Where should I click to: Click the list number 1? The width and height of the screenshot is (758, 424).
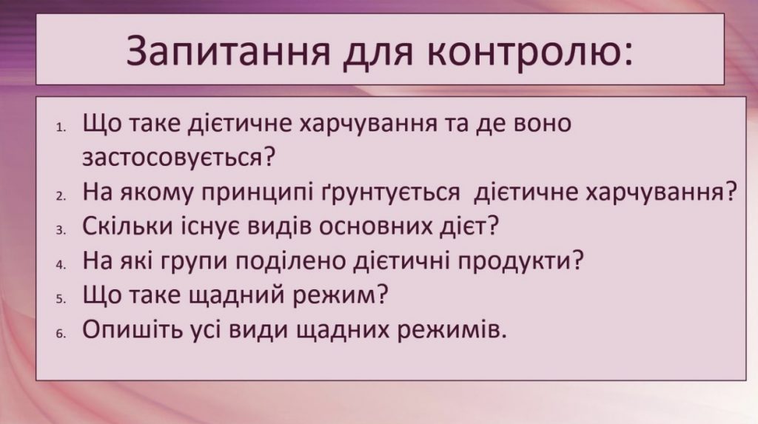pyautogui.click(x=61, y=126)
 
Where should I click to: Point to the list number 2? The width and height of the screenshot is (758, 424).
pyautogui.click(x=61, y=195)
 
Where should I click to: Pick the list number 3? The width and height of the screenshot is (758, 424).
pyautogui.click(x=61, y=230)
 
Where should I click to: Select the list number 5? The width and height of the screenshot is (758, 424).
pyautogui.click(x=61, y=298)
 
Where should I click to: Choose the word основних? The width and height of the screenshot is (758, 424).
pyautogui.click(x=358, y=226)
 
